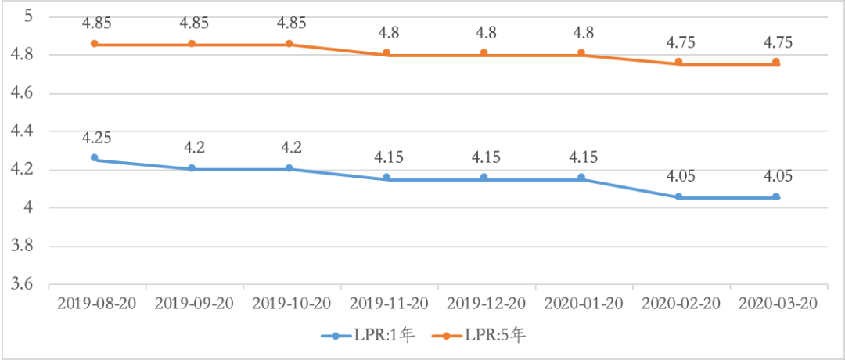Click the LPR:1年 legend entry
tap(367, 336)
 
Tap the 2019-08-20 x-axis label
tap(95, 303)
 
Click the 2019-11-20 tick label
tap(387, 303)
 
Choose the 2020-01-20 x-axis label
tap(582, 303)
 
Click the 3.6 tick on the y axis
tap(21, 285)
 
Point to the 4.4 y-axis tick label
tap(21, 131)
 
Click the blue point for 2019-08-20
tap(95, 158)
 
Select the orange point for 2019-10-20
tap(289, 44)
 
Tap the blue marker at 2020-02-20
tap(679, 196)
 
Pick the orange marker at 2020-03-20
tap(776, 62)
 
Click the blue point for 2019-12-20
tap(484, 178)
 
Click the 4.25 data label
tap(95, 139)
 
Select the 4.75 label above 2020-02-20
tap(679, 42)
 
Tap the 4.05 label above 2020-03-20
tap(776, 177)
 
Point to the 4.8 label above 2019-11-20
tap(387, 33)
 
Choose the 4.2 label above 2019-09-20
tap(192, 149)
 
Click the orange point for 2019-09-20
tap(192, 44)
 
